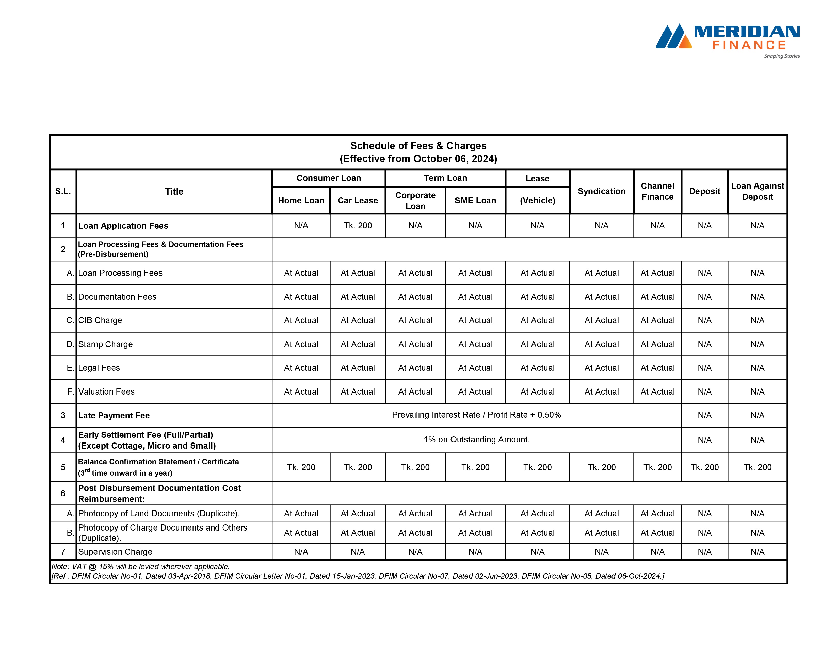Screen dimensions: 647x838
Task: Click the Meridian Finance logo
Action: [x=728, y=41]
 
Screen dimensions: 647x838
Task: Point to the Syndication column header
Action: [x=601, y=191]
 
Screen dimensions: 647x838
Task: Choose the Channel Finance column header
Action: [x=657, y=191]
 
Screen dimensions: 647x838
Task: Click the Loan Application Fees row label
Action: [x=123, y=226]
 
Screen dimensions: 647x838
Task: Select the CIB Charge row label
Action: [x=100, y=320]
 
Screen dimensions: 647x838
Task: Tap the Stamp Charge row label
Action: [x=106, y=344]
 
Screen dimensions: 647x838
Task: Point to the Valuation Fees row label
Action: [x=106, y=392]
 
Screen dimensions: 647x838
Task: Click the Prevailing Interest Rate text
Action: [x=476, y=415]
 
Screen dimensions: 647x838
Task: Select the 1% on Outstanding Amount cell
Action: [x=476, y=440]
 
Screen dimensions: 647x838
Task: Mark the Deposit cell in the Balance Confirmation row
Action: [x=704, y=467]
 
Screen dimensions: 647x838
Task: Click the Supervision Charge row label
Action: [x=115, y=552]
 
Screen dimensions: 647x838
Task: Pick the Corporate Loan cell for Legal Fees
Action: [x=415, y=368]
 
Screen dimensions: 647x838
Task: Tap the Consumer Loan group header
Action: [x=328, y=178]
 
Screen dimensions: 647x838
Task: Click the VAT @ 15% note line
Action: [x=140, y=567]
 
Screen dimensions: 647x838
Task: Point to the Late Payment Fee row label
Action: [x=114, y=416]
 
